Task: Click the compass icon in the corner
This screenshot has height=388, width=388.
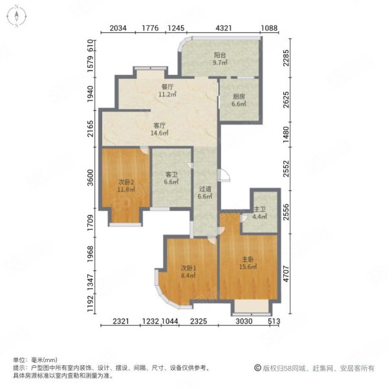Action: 17,17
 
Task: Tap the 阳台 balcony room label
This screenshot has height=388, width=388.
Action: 220,55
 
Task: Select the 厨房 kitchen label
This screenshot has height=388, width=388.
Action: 239,96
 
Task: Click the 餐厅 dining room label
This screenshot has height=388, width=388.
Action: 167,87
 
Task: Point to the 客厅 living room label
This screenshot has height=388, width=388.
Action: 159,125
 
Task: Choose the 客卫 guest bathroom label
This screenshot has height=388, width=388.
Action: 171,175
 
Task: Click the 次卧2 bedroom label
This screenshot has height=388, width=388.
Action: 126,182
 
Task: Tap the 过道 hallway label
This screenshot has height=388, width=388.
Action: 205,189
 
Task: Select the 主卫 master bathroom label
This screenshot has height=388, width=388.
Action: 259,210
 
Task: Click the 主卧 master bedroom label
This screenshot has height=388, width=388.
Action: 248,259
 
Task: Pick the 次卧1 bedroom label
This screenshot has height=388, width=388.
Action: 188,268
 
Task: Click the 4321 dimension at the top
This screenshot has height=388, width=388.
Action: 224,28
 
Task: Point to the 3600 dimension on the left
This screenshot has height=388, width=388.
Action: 91,177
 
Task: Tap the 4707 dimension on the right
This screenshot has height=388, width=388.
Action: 286,274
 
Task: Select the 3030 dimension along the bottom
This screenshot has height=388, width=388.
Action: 244,321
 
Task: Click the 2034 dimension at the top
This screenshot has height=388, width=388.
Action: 118,28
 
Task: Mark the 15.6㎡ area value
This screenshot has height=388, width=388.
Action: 248,266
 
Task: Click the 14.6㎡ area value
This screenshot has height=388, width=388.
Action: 159,133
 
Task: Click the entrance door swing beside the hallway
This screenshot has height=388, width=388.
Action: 224,175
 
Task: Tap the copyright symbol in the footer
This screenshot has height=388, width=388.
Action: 257,368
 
